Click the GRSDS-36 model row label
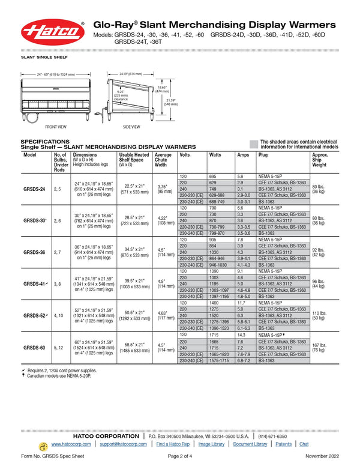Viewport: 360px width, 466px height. point(34,252)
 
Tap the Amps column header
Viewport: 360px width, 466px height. point(243,155)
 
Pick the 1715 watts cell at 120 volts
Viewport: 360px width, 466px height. point(217,334)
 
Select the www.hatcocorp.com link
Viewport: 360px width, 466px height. point(71,444)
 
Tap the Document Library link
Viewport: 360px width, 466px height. point(250,444)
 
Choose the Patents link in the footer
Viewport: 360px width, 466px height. point(284,444)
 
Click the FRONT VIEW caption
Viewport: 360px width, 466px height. point(56,127)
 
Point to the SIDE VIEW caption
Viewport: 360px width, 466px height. point(131,127)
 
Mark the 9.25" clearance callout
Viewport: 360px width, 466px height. point(121,94)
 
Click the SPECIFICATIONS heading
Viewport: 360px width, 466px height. point(41,142)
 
